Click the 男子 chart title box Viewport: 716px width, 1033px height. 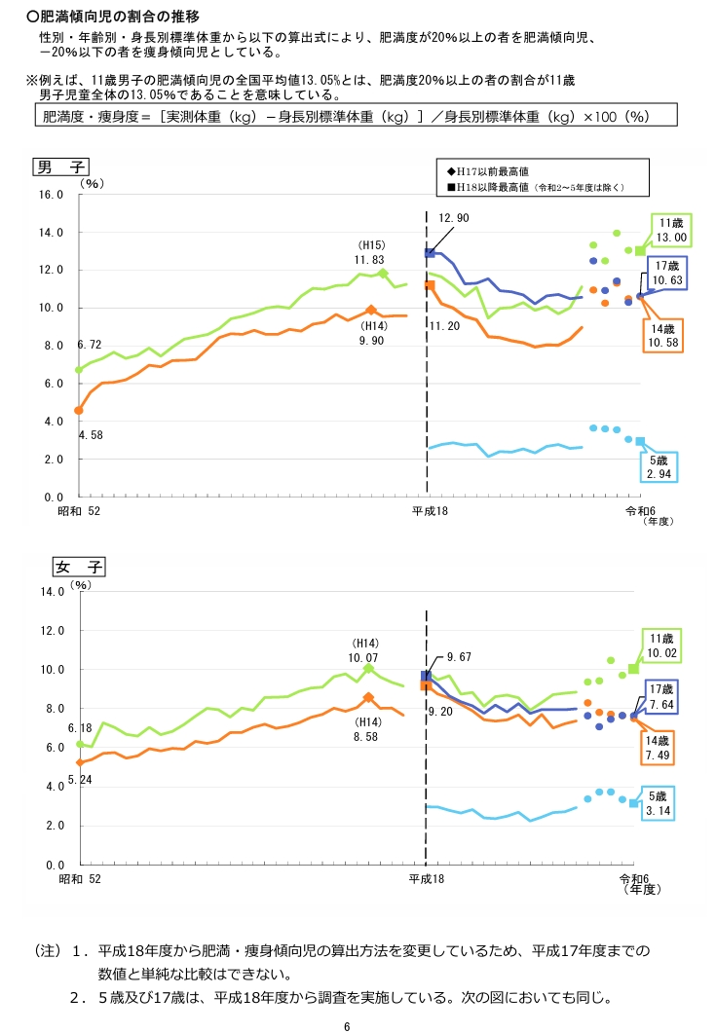60,166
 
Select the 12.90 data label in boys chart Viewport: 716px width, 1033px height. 453,218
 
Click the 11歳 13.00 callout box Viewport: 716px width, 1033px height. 671,230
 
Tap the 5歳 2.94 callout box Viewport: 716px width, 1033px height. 659,466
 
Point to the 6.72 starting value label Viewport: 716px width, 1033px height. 89,346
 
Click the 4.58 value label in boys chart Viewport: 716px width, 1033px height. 89,434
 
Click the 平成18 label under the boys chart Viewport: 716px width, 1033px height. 427,511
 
